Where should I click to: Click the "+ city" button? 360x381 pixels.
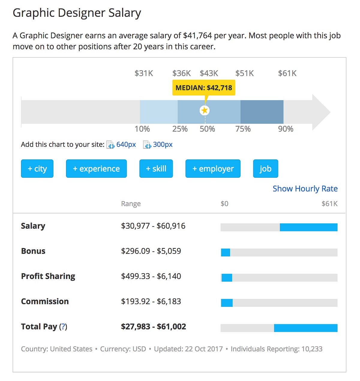click(37, 169)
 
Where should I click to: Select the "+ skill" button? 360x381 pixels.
click(156, 169)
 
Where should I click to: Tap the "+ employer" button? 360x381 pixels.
click(213, 169)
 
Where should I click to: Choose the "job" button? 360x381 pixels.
click(265, 169)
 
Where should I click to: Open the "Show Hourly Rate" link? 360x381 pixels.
click(305, 189)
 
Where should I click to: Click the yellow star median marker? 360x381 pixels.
click(205, 110)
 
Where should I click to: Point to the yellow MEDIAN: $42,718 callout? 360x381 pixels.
click(204, 88)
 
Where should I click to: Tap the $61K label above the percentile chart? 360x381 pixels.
click(287, 73)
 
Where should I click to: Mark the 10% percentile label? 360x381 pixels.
click(142, 129)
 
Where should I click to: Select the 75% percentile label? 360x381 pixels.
click(243, 129)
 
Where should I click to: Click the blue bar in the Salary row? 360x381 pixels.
click(308, 227)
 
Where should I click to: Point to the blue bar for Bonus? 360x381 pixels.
click(226, 252)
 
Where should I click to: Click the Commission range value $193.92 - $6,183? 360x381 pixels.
click(151, 301)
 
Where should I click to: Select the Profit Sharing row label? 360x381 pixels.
click(48, 276)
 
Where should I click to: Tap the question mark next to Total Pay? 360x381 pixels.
click(63, 327)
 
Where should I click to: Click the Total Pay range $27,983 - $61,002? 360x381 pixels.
click(153, 327)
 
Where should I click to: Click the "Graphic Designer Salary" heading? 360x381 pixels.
click(77, 13)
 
